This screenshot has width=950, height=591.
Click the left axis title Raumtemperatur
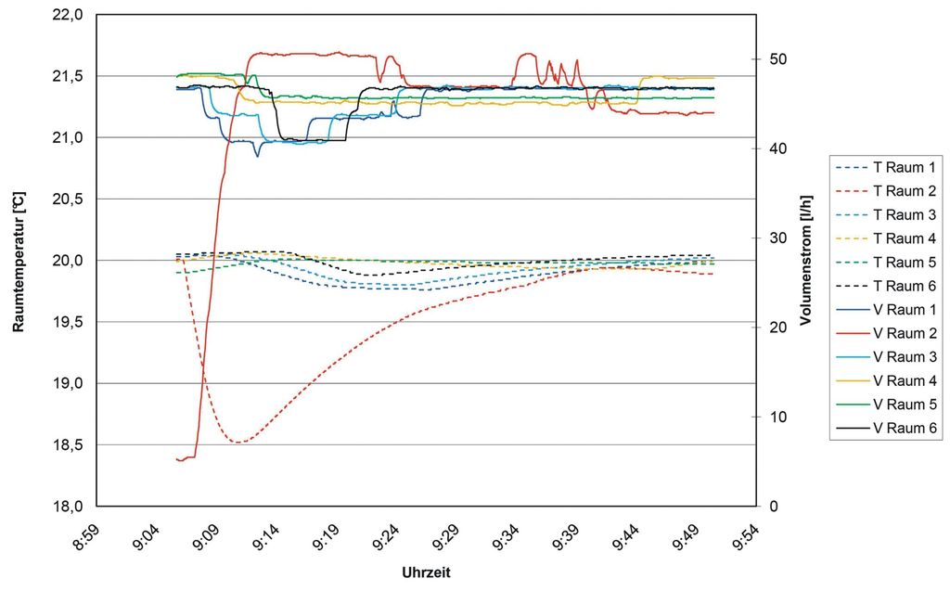tap(18, 261)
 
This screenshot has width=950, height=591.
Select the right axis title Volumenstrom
tap(806, 261)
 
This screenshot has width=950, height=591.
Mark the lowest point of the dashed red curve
tap(239, 443)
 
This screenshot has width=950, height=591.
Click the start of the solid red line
tap(176, 458)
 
